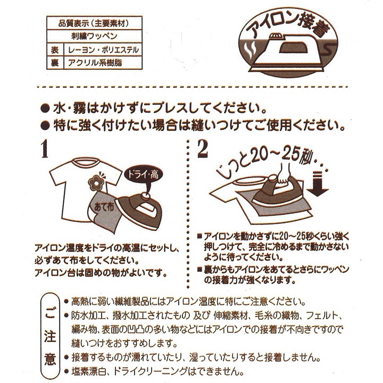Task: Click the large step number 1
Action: pyautogui.click(x=44, y=149)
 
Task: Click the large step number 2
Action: pyautogui.click(x=202, y=150)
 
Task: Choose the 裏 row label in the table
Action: pyautogui.click(x=54, y=62)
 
